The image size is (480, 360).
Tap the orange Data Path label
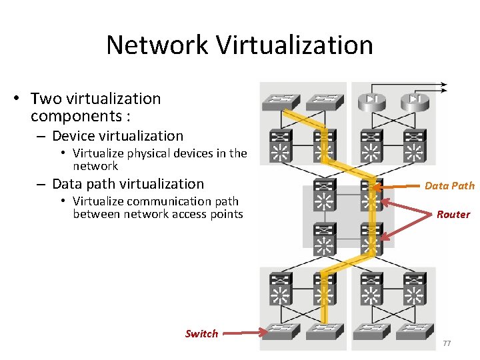click(449, 186)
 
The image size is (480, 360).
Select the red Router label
click(453, 215)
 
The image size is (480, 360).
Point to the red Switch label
click(201, 333)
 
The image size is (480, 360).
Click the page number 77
click(447, 343)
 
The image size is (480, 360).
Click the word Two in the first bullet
click(46, 99)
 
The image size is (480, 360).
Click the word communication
click(166, 201)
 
